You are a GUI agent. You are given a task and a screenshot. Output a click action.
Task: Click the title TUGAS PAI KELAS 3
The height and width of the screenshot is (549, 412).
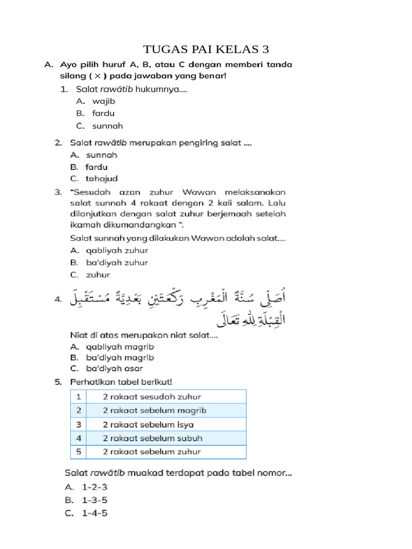click(206, 50)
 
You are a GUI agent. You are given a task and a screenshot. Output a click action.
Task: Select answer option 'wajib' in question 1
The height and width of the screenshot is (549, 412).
click(104, 101)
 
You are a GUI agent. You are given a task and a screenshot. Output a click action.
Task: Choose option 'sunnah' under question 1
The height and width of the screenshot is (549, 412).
click(107, 126)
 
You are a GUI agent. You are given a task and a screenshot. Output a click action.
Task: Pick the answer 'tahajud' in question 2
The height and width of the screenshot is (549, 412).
click(101, 179)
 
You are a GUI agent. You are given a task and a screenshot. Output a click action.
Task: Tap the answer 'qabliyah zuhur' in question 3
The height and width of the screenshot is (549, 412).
click(117, 250)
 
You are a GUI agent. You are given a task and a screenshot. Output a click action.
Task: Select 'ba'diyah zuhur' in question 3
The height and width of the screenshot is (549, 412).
click(117, 263)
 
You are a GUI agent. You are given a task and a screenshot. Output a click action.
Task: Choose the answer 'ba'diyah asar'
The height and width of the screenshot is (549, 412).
click(114, 368)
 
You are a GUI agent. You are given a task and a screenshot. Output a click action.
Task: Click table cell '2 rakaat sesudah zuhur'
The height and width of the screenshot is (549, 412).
click(152, 397)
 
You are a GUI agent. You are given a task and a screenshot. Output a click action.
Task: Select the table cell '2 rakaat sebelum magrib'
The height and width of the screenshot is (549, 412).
click(154, 411)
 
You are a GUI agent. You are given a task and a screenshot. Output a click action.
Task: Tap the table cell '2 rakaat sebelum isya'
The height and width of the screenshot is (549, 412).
click(148, 425)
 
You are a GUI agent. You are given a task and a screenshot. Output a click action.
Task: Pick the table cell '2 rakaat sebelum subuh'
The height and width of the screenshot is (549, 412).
click(152, 438)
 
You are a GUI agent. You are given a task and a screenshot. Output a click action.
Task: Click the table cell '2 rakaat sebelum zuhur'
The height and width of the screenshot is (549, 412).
click(152, 452)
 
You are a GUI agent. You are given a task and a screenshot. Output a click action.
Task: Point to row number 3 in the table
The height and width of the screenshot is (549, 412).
click(78, 425)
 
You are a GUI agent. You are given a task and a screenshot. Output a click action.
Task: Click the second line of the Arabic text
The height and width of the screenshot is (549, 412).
click(252, 321)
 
